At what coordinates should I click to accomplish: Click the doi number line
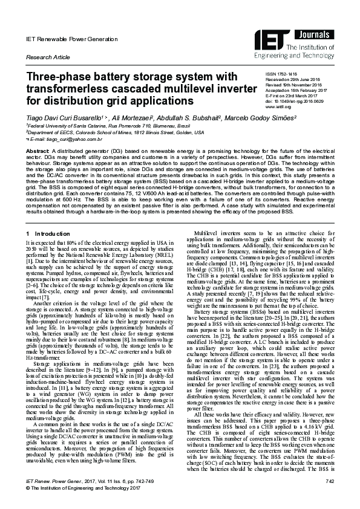tap(290, 102)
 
